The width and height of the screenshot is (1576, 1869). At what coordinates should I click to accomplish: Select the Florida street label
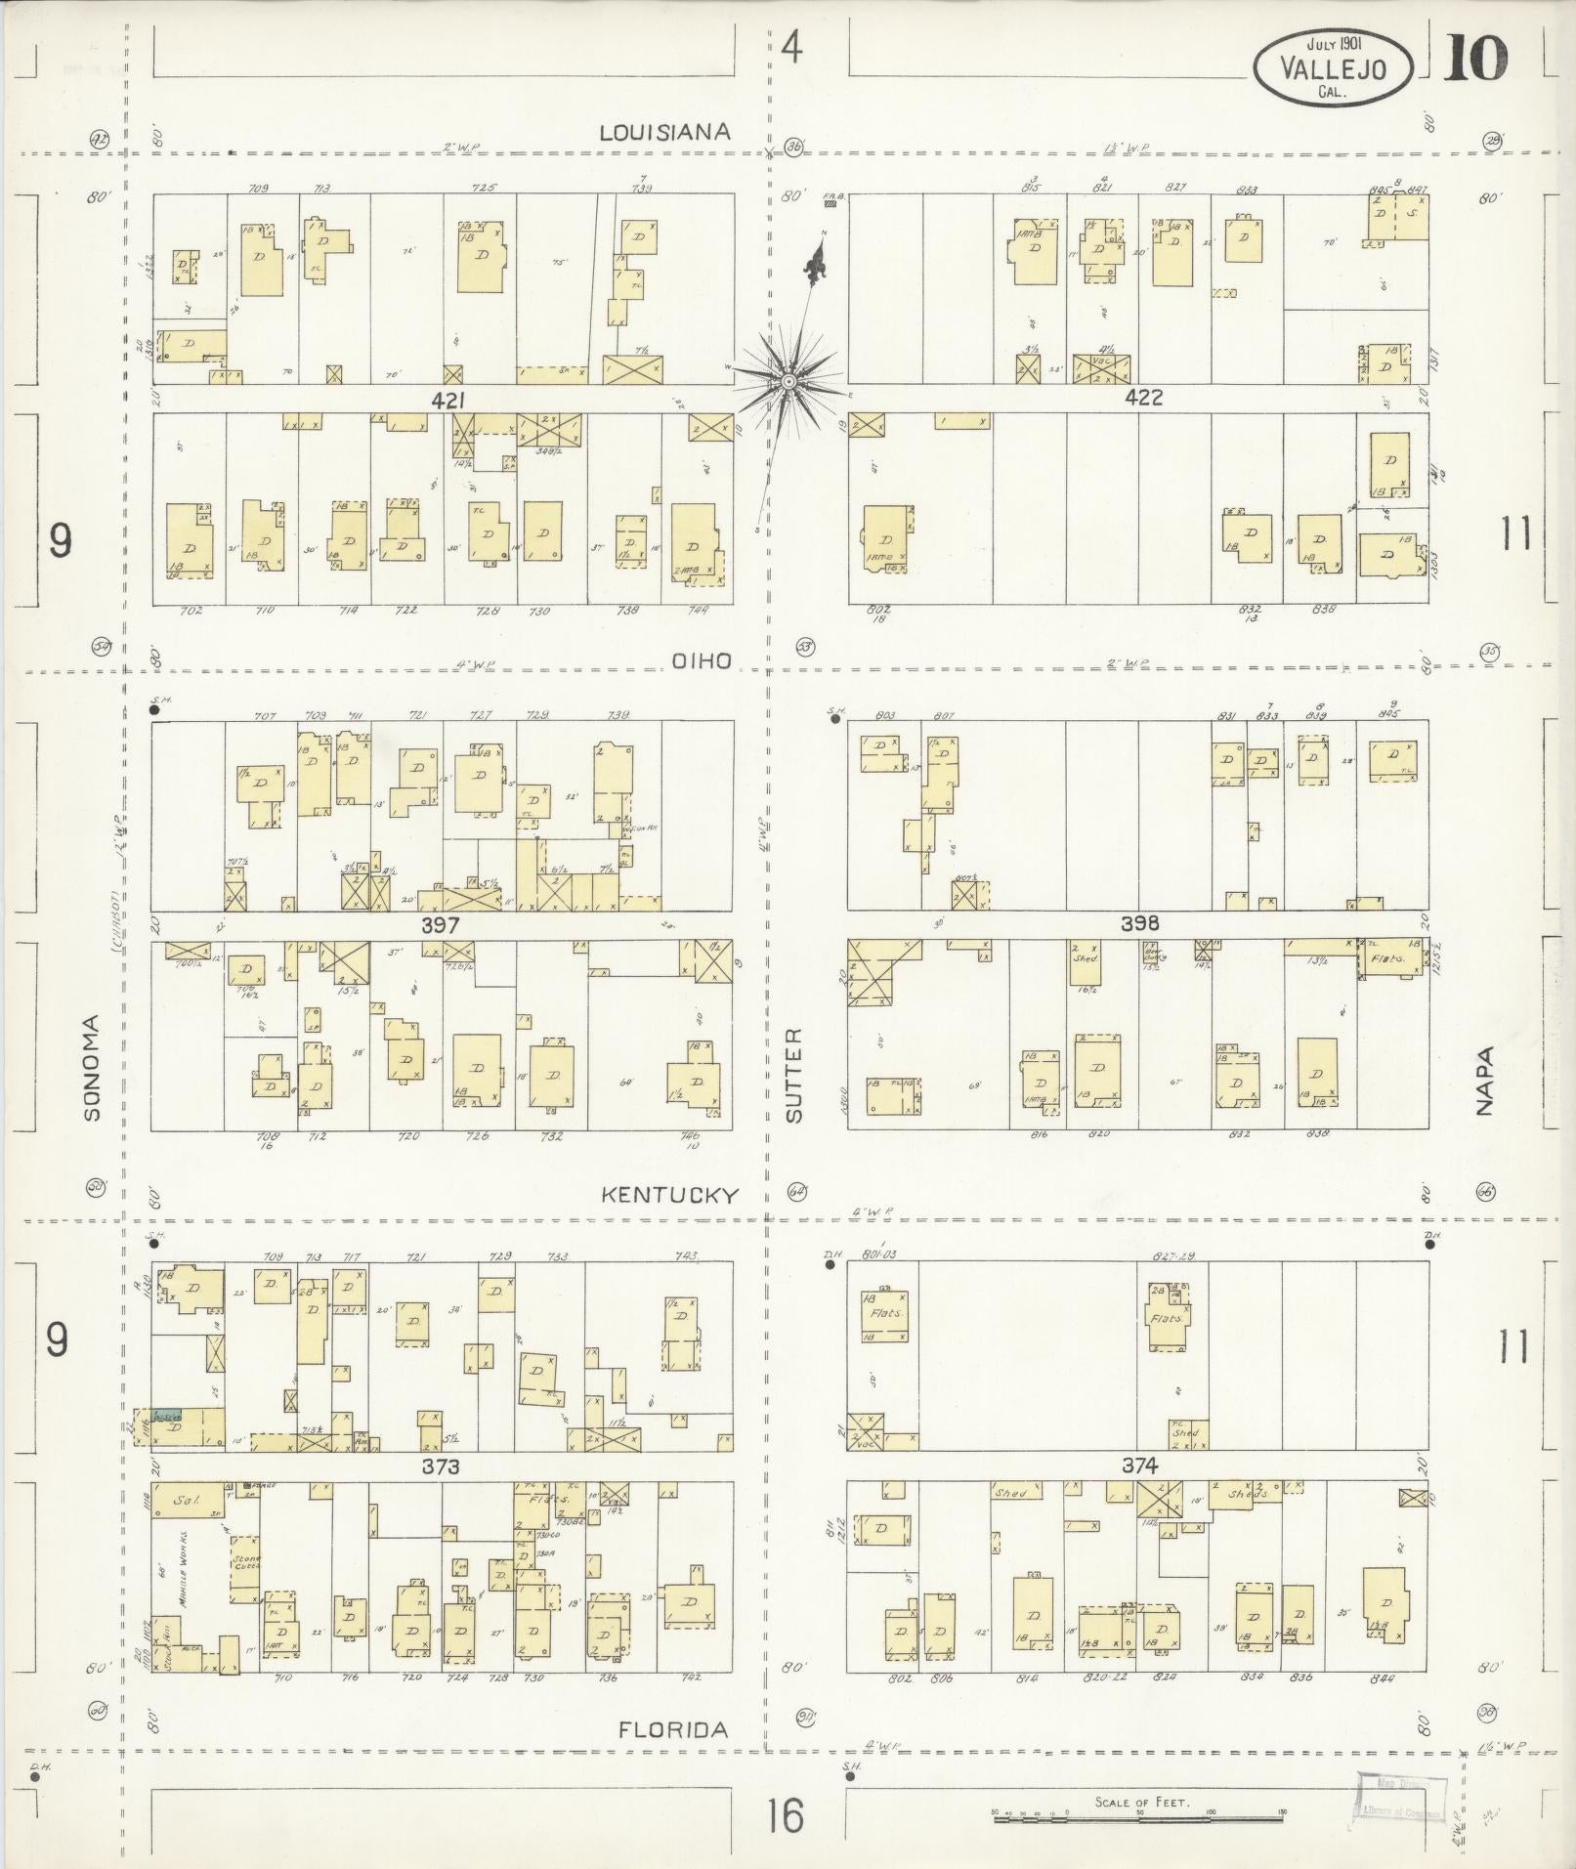point(673,1729)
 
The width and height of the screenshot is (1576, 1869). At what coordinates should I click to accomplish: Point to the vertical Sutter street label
point(793,1074)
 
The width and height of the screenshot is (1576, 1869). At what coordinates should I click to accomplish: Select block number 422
point(1144,398)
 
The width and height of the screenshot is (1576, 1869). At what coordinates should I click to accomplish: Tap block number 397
point(441,924)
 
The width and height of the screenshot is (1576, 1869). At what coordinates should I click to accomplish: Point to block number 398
point(1139,923)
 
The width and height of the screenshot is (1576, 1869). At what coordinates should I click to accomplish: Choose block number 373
point(441,1466)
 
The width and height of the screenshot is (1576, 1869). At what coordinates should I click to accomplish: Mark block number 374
point(1139,1465)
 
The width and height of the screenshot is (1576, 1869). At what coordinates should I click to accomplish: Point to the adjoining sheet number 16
point(785,1816)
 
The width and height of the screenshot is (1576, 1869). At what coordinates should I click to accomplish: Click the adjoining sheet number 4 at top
point(792,47)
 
